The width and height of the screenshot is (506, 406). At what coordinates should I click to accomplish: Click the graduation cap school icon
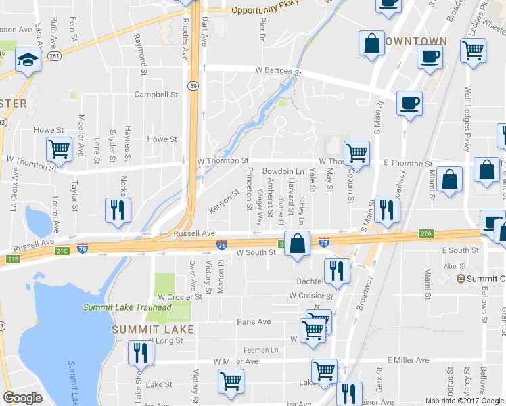click(28, 58)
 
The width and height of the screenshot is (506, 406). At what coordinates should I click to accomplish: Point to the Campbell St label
click(156, 95)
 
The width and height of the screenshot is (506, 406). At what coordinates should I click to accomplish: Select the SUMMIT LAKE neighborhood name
click(152, 330)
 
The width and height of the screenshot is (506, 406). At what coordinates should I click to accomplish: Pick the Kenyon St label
click(224, 202)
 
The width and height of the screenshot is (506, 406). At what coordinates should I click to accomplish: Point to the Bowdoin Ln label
click(283, 172)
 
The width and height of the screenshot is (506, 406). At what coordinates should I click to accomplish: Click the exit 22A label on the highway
click(425, 233)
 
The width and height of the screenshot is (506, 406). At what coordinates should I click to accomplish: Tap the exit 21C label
click(63, 251)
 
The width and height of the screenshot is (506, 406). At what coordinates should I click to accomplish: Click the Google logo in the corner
click(22, 398)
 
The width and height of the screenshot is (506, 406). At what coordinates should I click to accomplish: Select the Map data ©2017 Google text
click(465, 401)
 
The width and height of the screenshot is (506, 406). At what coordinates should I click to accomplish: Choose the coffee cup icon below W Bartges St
click(409, 103)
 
